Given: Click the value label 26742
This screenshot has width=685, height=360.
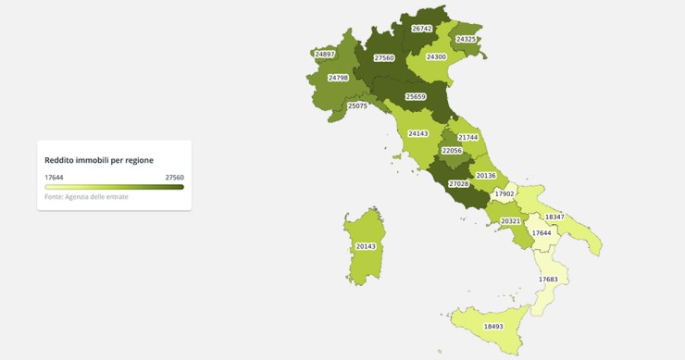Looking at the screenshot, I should coord(421,29).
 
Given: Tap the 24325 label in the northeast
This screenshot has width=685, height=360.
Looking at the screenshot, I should coord(467,39).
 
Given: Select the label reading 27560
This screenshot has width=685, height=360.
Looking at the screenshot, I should coord(384,58).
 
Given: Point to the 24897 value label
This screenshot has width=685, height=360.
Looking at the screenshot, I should coord(324,55).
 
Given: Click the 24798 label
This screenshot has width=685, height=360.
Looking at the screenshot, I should coord(338,78).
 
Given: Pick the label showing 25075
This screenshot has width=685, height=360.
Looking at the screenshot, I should coord(357,106).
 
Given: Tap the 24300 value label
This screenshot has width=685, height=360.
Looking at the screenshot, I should coord(436,56).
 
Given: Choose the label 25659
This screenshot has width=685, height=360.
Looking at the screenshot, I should coord(416,96).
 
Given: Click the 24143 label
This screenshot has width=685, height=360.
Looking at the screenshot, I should coord(418,133).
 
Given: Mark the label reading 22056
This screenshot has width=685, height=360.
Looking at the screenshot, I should coord(452,150).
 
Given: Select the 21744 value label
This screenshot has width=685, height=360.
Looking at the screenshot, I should coord(468,137).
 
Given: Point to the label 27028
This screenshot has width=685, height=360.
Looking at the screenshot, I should coord(459,184).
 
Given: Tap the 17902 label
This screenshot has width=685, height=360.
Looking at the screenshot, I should coord(504,193).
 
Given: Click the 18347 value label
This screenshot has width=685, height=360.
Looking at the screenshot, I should coord(554,217).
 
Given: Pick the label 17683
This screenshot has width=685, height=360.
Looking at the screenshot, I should coord(548,279).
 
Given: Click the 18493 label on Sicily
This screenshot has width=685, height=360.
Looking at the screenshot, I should coord(493,326).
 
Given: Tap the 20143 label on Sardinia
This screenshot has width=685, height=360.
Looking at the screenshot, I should coord(366,246).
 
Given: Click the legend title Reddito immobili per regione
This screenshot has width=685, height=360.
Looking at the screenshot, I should coord(99,160).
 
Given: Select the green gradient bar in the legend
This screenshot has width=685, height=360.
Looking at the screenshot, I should coord(114,187).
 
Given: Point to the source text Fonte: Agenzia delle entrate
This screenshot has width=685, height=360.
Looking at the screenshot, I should coord(86,197).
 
